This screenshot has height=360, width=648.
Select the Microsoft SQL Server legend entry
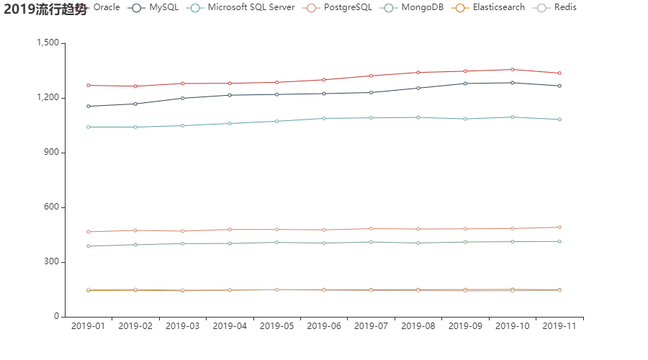click(240, 7)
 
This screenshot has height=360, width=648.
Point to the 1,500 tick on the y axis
click(47, 43)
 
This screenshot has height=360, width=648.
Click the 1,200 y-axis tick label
click(47, 98)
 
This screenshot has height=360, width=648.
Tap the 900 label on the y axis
click(51, 153)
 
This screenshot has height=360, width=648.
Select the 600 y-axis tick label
click(51, 207)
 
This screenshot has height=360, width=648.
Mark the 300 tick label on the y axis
click(51, 262)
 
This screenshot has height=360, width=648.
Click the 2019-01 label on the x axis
click(88, 326)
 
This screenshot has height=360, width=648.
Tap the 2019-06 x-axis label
click(324, 326)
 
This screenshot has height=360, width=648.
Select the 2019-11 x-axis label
click(559, 326)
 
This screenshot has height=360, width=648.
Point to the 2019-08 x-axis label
click(418, 326)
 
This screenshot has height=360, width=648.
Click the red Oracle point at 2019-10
click(513, 69)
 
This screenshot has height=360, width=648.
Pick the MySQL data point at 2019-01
click(88, 106)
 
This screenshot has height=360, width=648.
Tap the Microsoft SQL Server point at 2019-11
click(559, 120)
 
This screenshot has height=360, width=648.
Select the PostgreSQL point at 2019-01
click(88, 232)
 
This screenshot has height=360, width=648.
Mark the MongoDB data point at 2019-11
click(559, 241)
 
